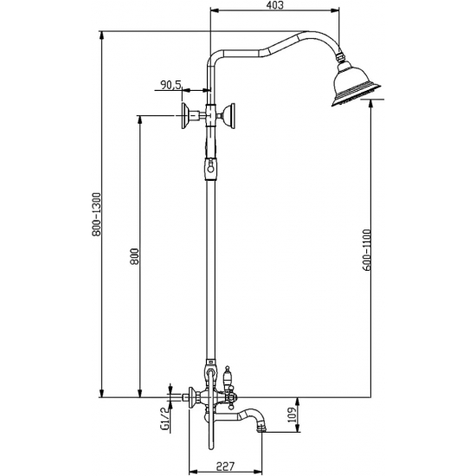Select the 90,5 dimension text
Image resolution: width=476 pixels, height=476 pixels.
pyautogui.click(x=170, y=84)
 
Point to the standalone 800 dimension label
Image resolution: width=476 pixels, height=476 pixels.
pyautogui.click(x=133, y=257)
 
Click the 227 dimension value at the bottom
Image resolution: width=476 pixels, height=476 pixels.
pyautogui.click(x=226, y=466)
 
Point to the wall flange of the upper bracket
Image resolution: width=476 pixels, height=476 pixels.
pyautogui.click(x=185, y=114)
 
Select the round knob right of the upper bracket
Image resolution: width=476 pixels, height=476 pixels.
pyautogui.click(x=230, y=114)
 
